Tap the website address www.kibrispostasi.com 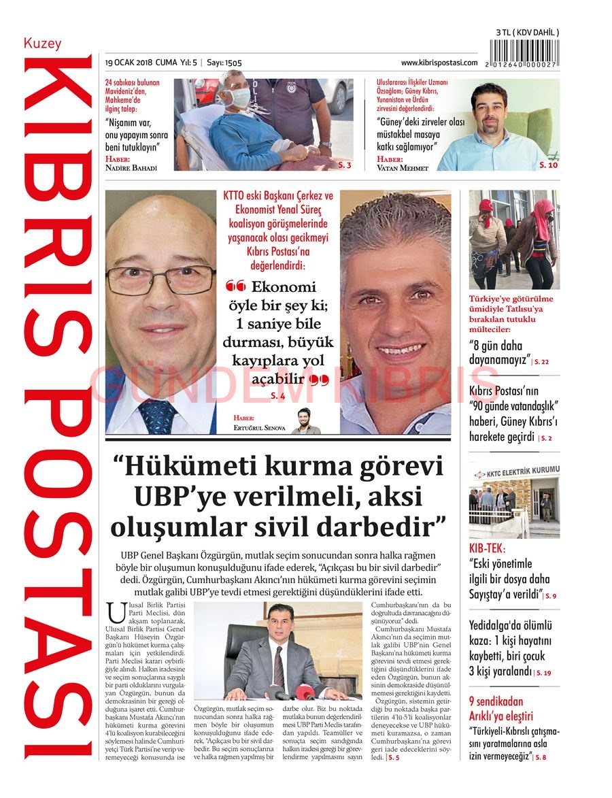[439, 63]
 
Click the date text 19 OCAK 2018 [129, 63]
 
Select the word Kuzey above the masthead [42, 44]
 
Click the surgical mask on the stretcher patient [235, 99]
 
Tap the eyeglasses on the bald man [160, 280]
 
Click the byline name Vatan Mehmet [403, 168]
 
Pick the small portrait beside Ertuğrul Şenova [305, 420]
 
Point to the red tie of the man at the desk [278, 667]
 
